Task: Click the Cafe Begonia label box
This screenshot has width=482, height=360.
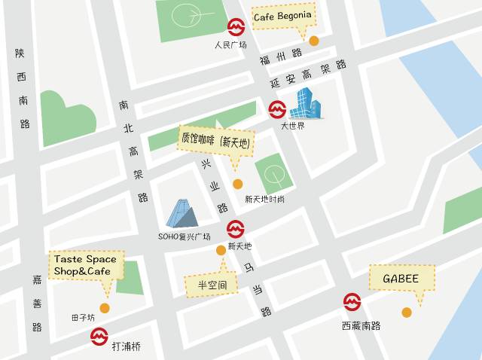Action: point(282,17)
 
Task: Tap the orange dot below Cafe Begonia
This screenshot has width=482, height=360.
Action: point(314,41)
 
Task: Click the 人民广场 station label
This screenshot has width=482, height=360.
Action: point(230,45)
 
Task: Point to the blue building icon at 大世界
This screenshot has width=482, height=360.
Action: point(307,103)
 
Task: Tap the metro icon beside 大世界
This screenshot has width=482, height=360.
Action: point(277,110)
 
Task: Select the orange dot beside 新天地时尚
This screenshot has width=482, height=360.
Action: point(237,184)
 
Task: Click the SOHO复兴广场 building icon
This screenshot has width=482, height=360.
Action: point(182,213)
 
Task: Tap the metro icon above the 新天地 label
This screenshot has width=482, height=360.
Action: point(236,228)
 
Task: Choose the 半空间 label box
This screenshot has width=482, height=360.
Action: point(211,285)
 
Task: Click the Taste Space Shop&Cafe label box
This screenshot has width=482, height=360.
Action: point(85,265)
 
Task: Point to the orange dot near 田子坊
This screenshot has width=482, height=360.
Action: point(105,308)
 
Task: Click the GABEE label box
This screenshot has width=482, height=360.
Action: point(401,278)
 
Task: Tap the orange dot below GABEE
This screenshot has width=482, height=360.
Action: point(407,312)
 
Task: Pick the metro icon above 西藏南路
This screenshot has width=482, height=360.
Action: point(352,302)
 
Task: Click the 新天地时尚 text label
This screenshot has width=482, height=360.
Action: point(264,200)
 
